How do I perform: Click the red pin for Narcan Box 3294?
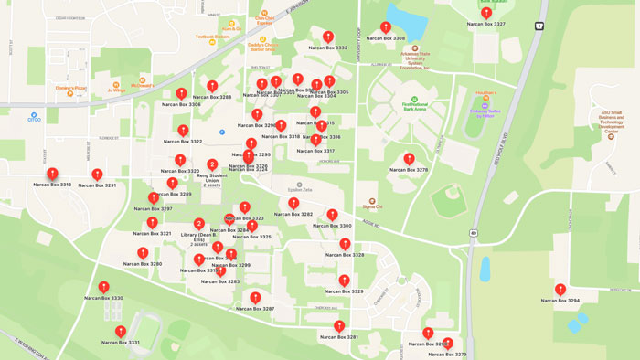pos(560,290)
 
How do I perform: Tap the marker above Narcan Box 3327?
pos(485,13)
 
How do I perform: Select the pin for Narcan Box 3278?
pos(409,159)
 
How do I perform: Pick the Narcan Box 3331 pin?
pos(121,332)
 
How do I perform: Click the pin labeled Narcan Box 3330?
pos(103,288)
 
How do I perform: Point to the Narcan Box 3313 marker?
pos(52,174)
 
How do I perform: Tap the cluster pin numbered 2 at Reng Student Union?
pos(212,165)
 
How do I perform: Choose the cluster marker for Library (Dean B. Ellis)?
pos(199,224)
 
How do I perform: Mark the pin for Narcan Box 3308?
pos(386,28)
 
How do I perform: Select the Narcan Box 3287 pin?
pos(255,298)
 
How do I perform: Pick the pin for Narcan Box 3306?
pos(181,94)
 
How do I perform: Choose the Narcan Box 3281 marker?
pos(339,326)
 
